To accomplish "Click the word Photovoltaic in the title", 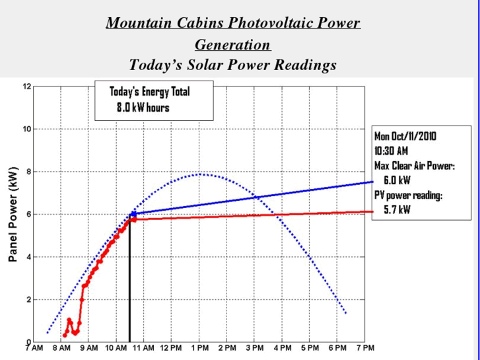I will (265, 23).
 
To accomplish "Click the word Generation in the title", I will (232, 45).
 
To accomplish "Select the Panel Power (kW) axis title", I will (12, 214).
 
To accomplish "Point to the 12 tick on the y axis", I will (26, 87).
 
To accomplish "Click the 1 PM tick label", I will (199, 348).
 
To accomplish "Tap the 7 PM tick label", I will (364, 348).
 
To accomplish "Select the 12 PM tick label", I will (170, 348).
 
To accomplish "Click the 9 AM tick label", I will (88, 348).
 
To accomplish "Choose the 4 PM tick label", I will (282, 348).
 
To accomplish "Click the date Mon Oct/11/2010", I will (405, 136).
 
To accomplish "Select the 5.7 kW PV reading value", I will (396, 209).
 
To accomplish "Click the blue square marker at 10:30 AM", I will (133, 214).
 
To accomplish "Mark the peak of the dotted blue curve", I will (200, 174).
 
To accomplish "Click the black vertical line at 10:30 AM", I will (129, 284).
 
